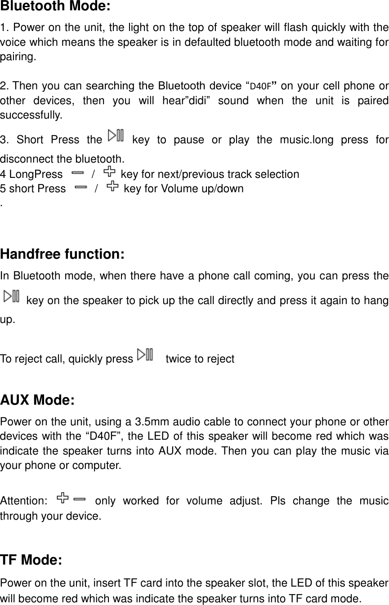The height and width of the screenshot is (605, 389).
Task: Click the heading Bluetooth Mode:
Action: pyautogui.click(x=55, y=7)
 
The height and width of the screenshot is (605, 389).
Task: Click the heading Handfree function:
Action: pyautogui.click(x=63, y=254)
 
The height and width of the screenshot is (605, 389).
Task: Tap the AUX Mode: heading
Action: pyautogui.click(x=37, y=400)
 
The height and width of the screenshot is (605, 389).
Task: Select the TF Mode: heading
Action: pyautogui.click(x=31, y=560)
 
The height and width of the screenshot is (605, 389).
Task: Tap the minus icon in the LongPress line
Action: pyautogui.click(x=77, y=172)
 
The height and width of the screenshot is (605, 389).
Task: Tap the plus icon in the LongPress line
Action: pyautogui.click(x=109, y=172)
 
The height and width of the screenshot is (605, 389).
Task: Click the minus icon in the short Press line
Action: pyautogui.click(x=80, y=186)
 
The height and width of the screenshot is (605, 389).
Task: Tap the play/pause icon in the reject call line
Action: pyautogui.click(x=145, y=355)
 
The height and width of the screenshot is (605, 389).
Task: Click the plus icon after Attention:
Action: pyautogui.click(x=63, y=498)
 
